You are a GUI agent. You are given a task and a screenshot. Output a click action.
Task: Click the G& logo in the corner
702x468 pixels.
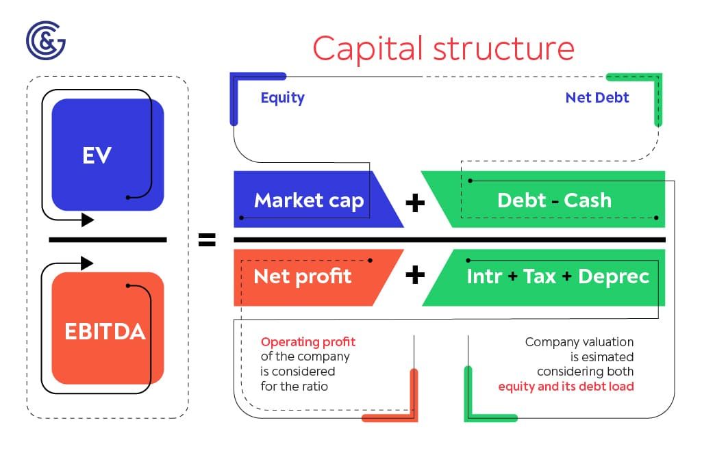coord(45,40)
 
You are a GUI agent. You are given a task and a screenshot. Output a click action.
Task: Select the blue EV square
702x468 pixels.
coord(108,155)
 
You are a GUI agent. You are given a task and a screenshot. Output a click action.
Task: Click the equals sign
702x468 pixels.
coord(206,239)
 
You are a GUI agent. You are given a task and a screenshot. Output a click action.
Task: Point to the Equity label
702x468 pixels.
coord(282,97)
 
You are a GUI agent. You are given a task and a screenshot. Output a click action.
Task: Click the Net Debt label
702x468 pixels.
coord(597,97)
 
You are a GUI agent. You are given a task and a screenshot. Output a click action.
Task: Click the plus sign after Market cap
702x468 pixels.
coord(414,203)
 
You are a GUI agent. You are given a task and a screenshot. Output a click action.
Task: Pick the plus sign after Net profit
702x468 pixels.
coord(414,275)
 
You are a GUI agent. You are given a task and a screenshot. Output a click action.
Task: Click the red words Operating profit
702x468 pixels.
coord(308,341)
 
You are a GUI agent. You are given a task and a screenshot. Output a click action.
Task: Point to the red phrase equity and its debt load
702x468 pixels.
coord(566,387)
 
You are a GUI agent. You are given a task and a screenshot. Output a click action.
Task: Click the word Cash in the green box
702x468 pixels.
coord(587,200)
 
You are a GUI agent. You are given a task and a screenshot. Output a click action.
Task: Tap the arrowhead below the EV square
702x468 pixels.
coord(88,220)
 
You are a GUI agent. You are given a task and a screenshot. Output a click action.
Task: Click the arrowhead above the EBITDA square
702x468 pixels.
coord(87,263)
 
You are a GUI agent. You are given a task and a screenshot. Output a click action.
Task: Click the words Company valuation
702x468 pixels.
coord(579,341)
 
